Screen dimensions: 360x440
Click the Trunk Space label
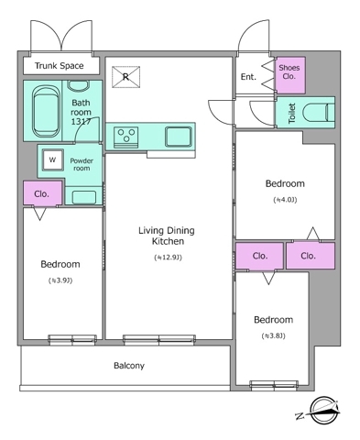click(x=59, y=66)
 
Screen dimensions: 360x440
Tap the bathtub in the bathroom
click(x=46, y=111)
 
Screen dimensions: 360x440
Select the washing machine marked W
click(x=53, y=159)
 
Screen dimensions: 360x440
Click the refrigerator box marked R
click(x=125, y=77)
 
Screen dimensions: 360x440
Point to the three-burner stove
click(x=126, y=137)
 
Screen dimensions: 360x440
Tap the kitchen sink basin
click(x=179, y=137)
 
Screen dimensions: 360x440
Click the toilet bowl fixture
click(x=318, y=113)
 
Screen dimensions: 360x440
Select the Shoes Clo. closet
click(x=290, y=75)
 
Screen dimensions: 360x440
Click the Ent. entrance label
click(x=248, y=77)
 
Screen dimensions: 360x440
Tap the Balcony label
click(x=129, y=366)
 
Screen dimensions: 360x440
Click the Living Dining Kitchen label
click(x=167, y=236)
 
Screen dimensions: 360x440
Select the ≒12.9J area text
click(x=168, y=258)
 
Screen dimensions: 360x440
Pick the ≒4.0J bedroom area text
click(x=285, y=200)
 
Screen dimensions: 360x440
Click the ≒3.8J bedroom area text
click(x=273, y=335)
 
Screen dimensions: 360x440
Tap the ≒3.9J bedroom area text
click(x=60, y=280)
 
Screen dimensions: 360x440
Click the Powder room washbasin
click(x=83, y=197)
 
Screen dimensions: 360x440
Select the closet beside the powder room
click(x=43, y=193)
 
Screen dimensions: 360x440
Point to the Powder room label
click(x=82, y=164)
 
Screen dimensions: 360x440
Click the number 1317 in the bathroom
click(x=81, y=122)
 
